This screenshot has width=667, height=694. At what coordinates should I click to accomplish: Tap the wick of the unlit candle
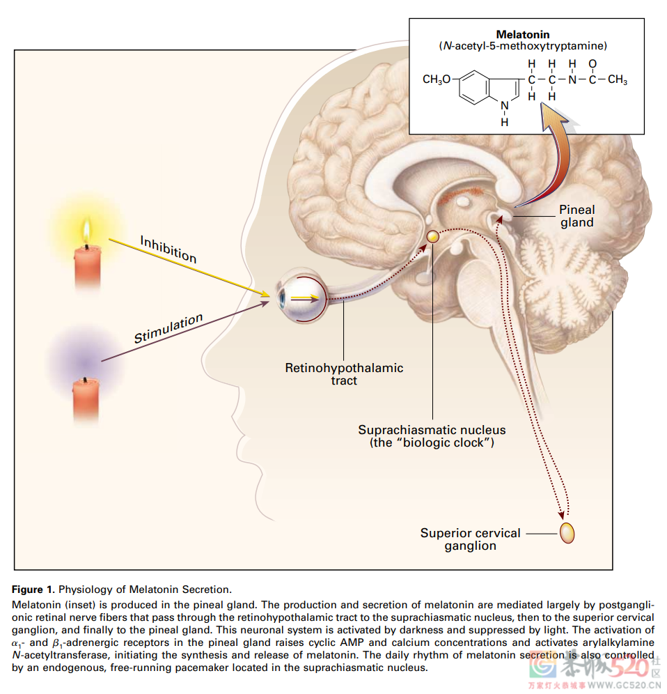click(85, 380)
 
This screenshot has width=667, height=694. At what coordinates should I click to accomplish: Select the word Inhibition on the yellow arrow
click(168, 249)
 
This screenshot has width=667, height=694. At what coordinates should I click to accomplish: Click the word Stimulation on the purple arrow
click(168, 328)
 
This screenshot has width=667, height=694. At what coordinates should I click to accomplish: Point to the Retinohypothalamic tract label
click(344, 374)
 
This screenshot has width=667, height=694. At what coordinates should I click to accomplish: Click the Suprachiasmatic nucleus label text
click(432, 436)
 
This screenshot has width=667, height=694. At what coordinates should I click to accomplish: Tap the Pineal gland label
click(577, 216)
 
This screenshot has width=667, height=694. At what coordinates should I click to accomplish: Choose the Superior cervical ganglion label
click(470, 539)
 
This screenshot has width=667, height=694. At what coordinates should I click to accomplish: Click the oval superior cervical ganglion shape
click(568, 534)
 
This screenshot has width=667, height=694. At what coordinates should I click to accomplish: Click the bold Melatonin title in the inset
click(522, 34)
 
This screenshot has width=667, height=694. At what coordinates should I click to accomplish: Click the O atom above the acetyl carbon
click(593, 64)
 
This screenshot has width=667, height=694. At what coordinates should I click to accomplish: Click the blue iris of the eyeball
click(282, 300)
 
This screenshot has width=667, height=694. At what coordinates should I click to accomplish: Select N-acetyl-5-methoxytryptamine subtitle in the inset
click(523, 46)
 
